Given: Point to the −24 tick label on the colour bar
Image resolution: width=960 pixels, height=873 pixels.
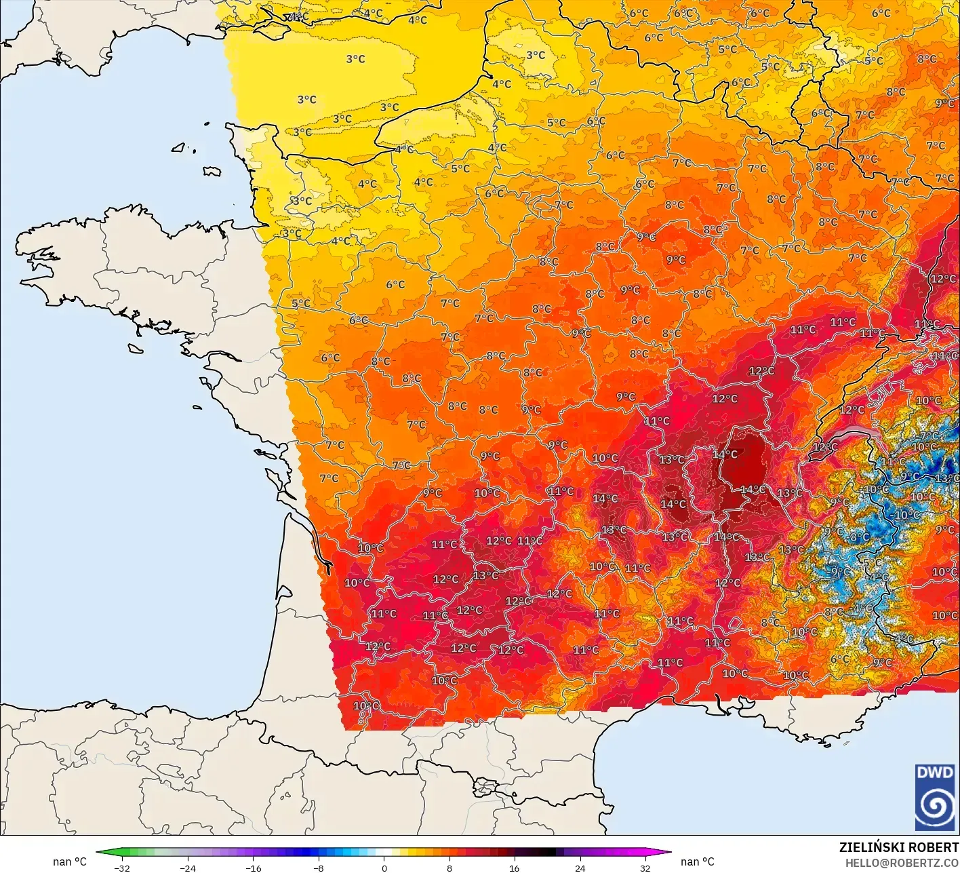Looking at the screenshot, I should point(187,868).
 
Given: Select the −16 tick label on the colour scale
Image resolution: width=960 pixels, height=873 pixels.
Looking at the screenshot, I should point(253,868).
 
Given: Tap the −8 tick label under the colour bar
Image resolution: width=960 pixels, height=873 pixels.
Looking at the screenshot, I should point(319,868).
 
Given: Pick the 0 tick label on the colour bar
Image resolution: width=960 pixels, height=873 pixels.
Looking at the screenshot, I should point(384,868).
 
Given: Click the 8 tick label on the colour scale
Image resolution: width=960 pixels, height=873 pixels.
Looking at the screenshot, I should point(449,868).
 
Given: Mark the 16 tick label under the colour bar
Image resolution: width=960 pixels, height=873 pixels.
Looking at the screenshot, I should point(515,868).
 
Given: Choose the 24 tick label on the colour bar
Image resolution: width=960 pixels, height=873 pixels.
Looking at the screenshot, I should point(580,868).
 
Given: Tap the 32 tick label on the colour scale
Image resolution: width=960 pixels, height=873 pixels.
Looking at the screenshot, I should point(645,868).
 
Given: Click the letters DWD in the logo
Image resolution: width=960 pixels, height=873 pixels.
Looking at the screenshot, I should point(935,773).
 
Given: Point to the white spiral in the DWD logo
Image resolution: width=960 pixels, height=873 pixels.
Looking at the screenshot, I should point(935,807).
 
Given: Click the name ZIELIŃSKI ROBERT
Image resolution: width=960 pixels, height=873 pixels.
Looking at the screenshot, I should point(899,847).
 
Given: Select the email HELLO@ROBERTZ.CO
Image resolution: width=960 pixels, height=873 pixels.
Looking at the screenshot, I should point(902,862).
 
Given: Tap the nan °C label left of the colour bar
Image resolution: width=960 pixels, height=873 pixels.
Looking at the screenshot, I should point(70,861).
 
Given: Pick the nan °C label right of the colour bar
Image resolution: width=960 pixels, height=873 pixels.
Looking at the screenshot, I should point(698,861).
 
